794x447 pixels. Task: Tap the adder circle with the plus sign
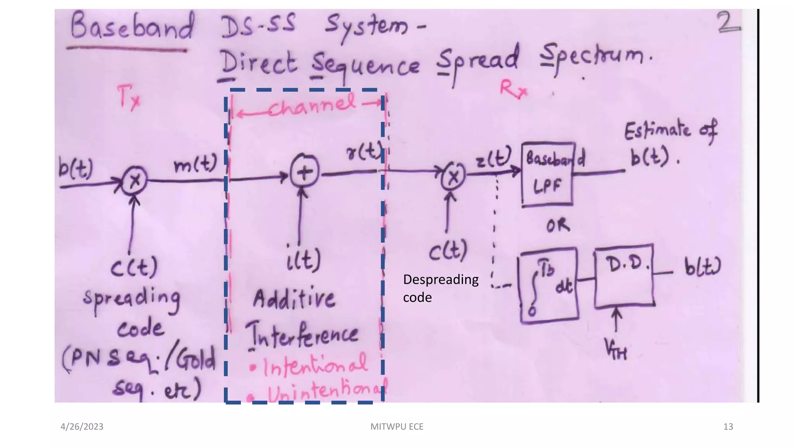coord(305,172)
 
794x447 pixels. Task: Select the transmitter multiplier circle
coord(135,180)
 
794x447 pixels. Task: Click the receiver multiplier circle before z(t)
coord(453,177)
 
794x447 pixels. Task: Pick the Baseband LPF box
coord(547,174)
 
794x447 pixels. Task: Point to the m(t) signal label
coord(195,165)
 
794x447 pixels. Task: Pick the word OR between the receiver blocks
coord(558,225)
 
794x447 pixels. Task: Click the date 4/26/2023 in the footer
coord(82,426)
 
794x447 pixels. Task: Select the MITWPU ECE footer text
coord(397,426)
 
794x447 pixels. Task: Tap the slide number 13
coord(728,426)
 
